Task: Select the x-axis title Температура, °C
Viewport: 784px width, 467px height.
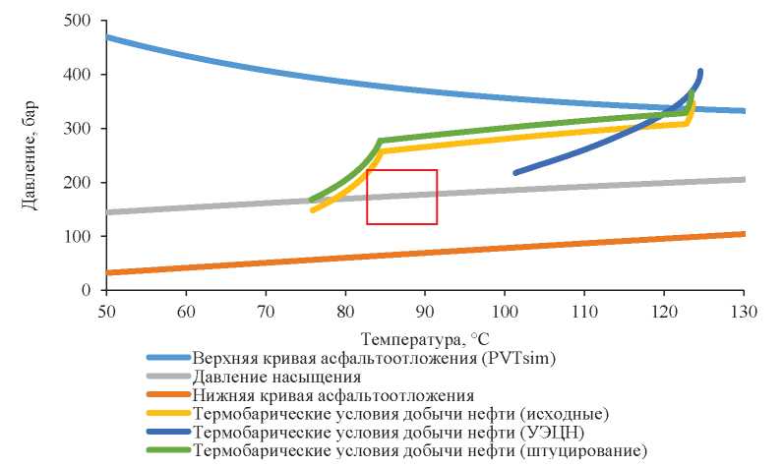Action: [x=423, y=338]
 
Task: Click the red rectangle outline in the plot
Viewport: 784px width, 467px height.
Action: [x=401, y=170]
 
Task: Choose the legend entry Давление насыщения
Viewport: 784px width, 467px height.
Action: [x=276, y=376]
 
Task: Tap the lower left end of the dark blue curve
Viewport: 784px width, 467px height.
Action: [x=515, y=173]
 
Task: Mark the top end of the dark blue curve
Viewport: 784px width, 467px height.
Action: [x=700, y=71]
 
